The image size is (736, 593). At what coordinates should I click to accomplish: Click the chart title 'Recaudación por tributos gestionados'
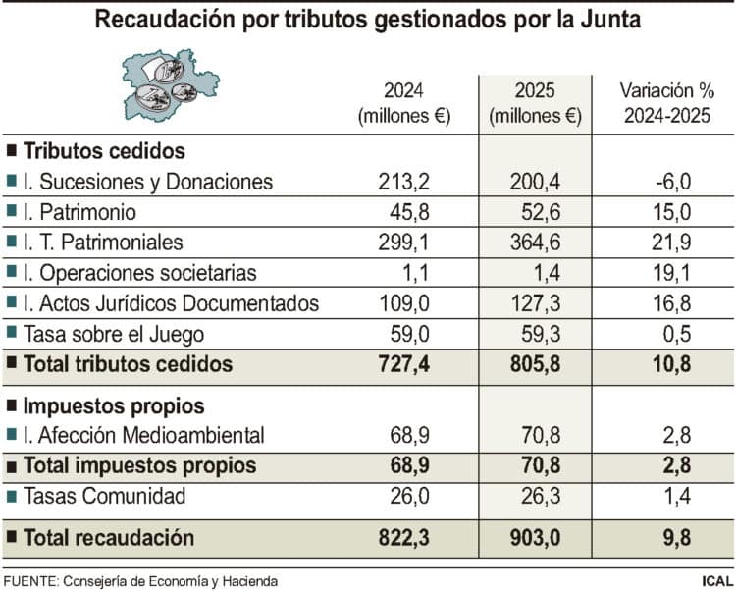(367, 21)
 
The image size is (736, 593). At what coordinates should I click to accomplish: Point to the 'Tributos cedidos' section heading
(104, 151)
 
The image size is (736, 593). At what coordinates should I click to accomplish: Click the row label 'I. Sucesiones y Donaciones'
(147, 182)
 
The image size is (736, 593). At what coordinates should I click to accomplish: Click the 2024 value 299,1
(403, 243)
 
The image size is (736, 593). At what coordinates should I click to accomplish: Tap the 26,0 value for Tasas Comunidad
(407, 497)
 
